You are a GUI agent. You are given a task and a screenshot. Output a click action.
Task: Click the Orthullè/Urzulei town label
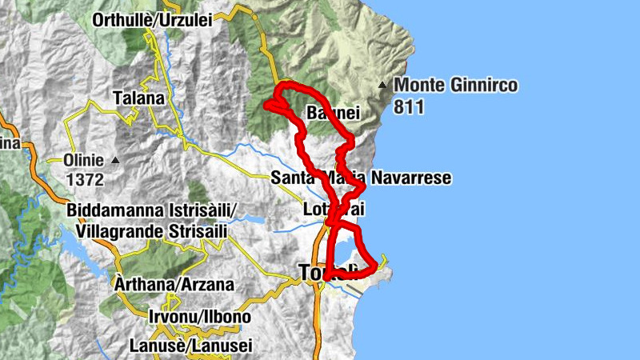click(152, 20)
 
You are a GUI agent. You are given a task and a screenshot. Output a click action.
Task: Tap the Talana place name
click(138, 98)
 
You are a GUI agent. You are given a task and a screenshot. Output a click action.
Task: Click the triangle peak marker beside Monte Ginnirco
click(384, 85)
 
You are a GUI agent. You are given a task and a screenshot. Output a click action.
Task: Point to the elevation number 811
click(409, 106)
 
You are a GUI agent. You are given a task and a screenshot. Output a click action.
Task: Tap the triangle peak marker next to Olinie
click(115, 160)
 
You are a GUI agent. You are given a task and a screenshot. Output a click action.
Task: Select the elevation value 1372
click(86, 180)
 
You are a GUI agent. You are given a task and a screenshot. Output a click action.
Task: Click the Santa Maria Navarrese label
click(361, 178)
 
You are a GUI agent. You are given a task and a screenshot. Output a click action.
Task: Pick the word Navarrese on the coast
click(411, 178)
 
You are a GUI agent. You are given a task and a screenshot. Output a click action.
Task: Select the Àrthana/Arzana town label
click(162, 284)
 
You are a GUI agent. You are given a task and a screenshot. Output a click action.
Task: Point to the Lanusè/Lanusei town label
click(190, 346)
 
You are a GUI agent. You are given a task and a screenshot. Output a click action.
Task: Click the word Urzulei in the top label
click(186, 20)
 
